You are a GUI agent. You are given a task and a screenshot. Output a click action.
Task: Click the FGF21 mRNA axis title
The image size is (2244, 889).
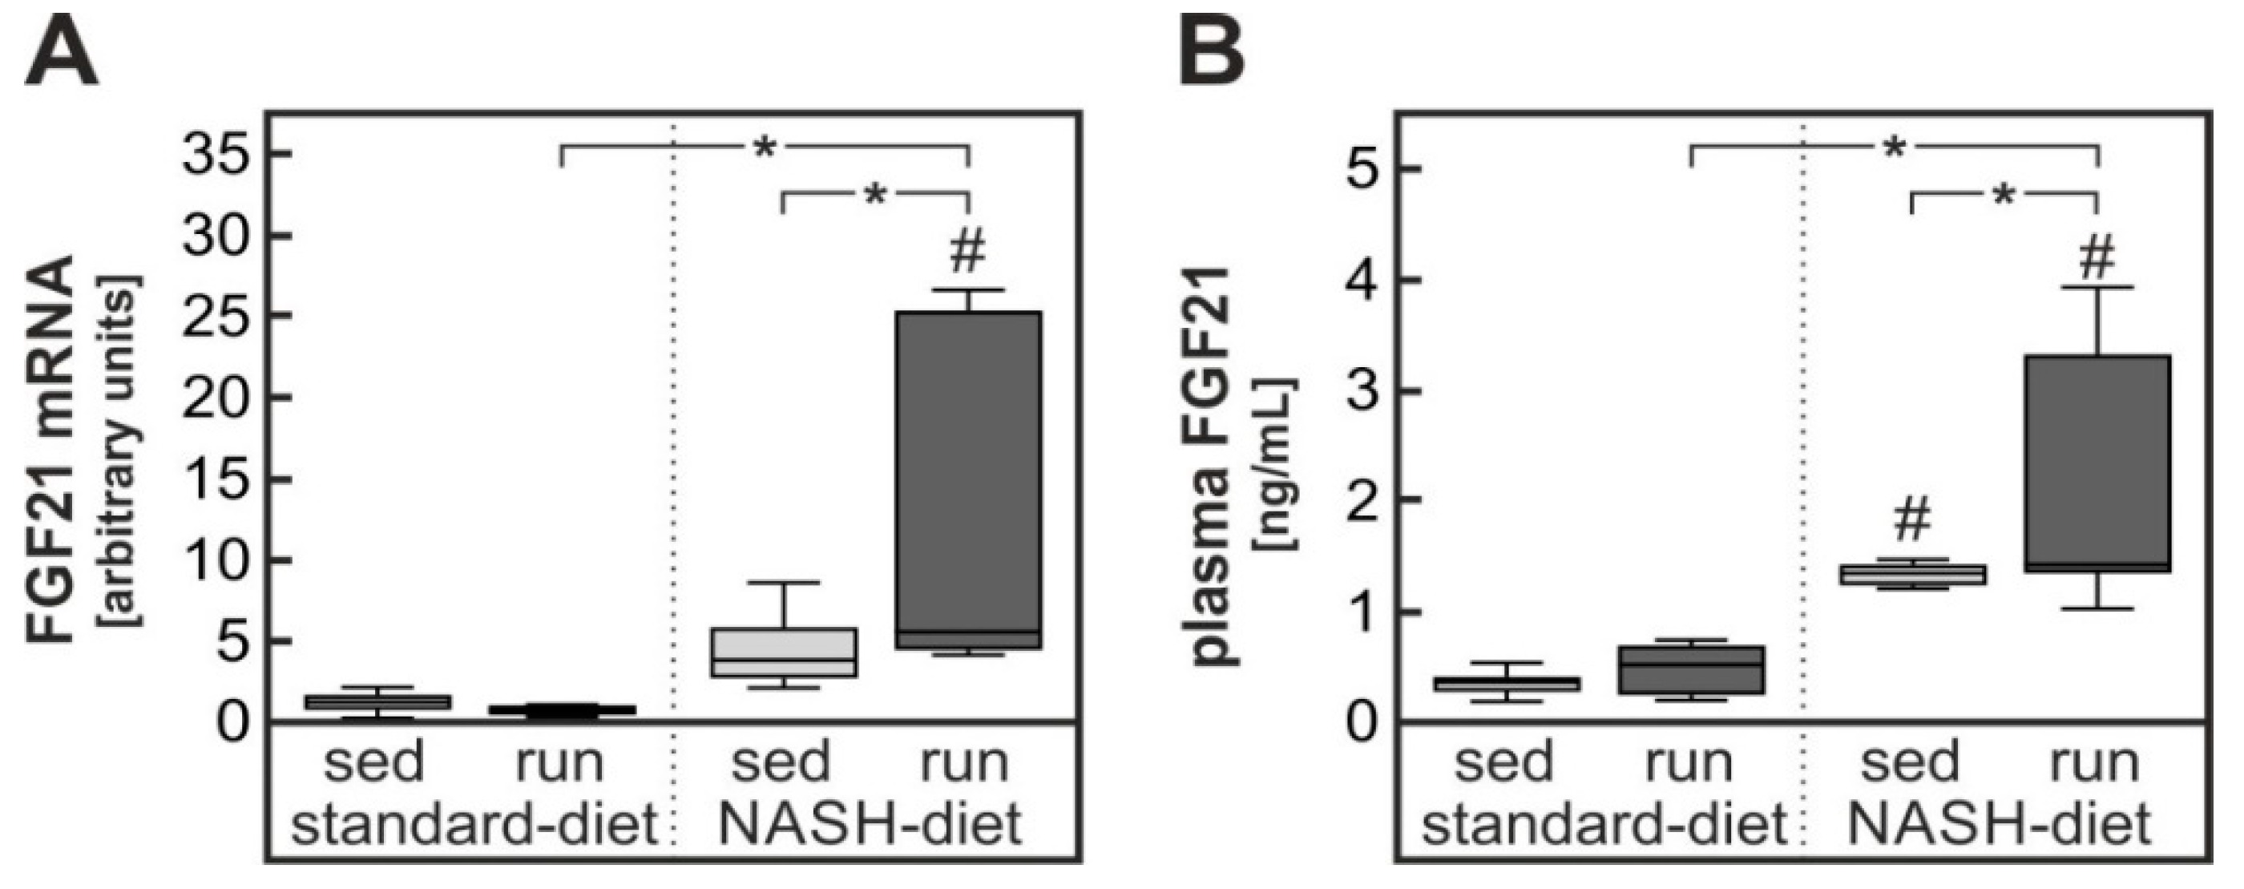click(x=50, y=449)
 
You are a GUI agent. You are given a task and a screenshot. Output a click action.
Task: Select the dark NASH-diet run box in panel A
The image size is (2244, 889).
click(x=969, y=479)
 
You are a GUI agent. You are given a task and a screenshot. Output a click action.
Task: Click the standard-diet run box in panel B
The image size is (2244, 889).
click(x=1690, y=669)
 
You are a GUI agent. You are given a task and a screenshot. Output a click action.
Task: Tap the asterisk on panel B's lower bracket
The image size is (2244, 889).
click(x=2004, y=196)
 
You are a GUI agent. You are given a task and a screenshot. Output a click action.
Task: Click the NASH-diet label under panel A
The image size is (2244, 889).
click(x=870, y=823)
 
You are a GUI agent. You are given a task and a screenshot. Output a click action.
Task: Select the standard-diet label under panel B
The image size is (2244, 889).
click(x=1604, y=823)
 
